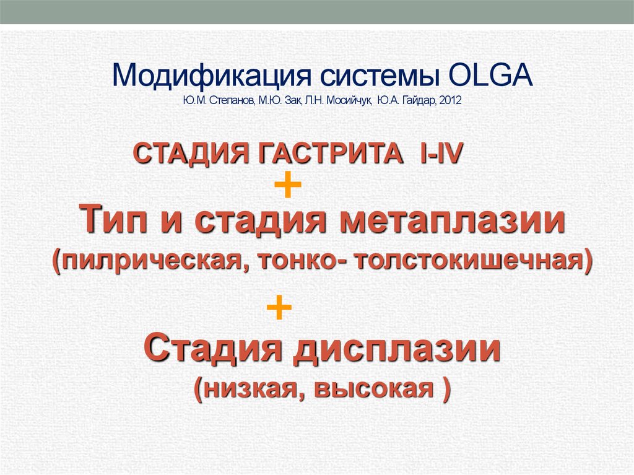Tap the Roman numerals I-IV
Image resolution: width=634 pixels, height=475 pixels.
(441, 152)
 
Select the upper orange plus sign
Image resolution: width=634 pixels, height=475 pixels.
(287, 186)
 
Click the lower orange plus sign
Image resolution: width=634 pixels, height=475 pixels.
(279, 307)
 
